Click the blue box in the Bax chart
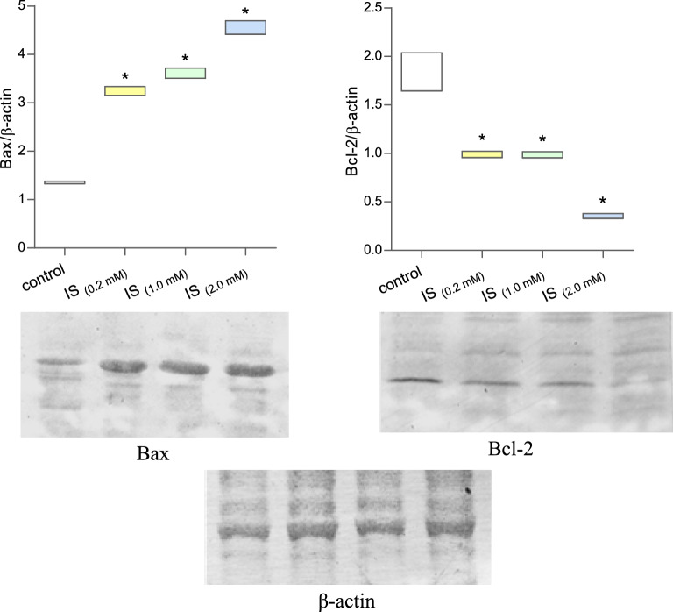coord(245,27)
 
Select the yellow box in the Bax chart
coord(124,90)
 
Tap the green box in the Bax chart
coord(185,73)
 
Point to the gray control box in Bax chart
coord(65,182)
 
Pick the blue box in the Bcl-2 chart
coord(603,216)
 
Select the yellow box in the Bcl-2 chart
coord(482,154)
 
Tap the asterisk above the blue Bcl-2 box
coord(603,201)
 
